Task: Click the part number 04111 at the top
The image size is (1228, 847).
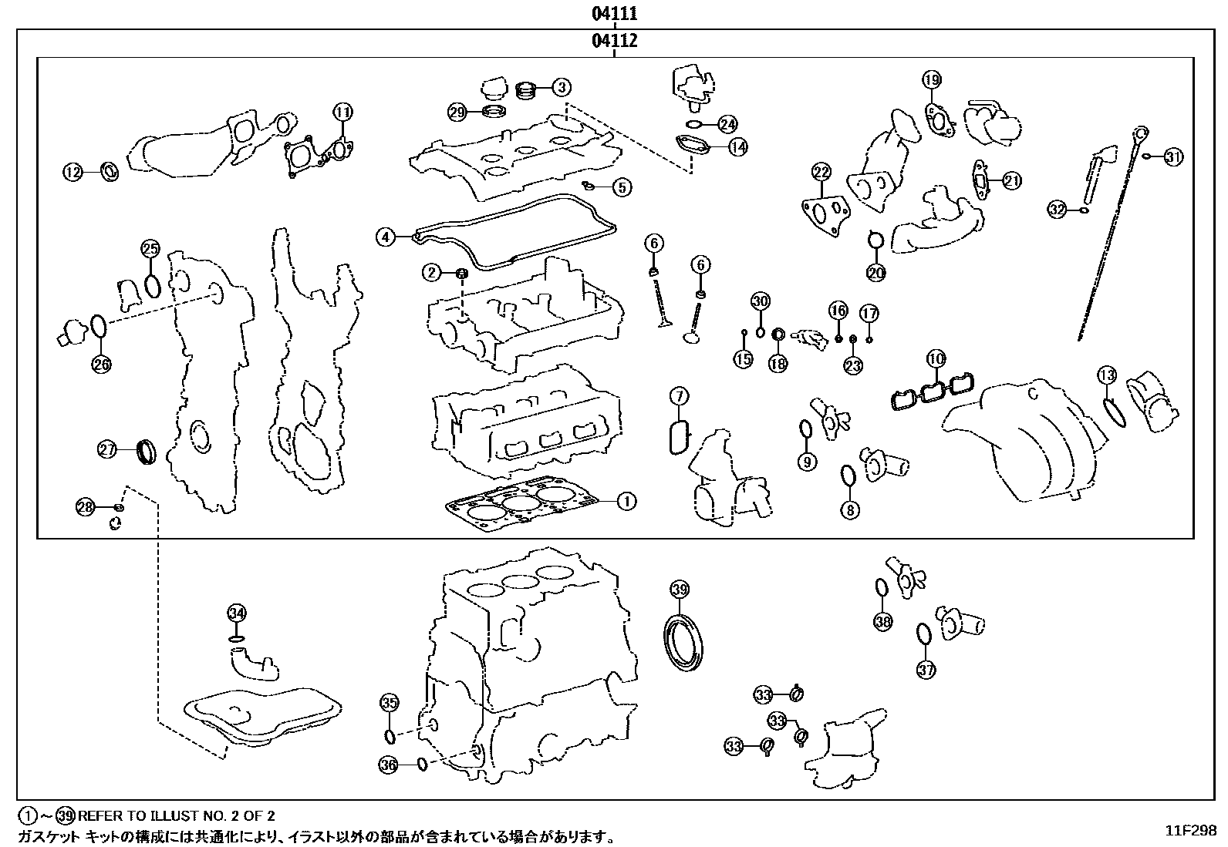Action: click(x=615, y=13)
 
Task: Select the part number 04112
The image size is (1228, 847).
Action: click(x=615, y=41)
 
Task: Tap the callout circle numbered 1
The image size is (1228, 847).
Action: click(x=626, y=501)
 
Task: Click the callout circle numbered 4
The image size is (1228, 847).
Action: click(x=386, y=237)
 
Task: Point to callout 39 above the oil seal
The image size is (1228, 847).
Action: click(x=678, y=590)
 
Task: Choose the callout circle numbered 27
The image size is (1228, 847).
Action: click(x=107, y=449)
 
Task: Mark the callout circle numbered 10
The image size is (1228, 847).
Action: click(x=936, y=358)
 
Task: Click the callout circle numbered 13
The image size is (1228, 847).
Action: click(x=1106, y=375)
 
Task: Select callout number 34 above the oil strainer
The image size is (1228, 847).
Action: click(x=236, y=613)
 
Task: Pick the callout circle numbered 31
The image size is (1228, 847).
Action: click(x=1173, y=157)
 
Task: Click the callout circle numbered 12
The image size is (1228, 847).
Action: click(x=73, y=173)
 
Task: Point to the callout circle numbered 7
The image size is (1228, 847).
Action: click(x=678, y=397)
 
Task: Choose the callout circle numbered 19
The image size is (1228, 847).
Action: click(x=932, y=79)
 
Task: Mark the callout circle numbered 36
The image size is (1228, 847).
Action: click(x=389, y=765)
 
